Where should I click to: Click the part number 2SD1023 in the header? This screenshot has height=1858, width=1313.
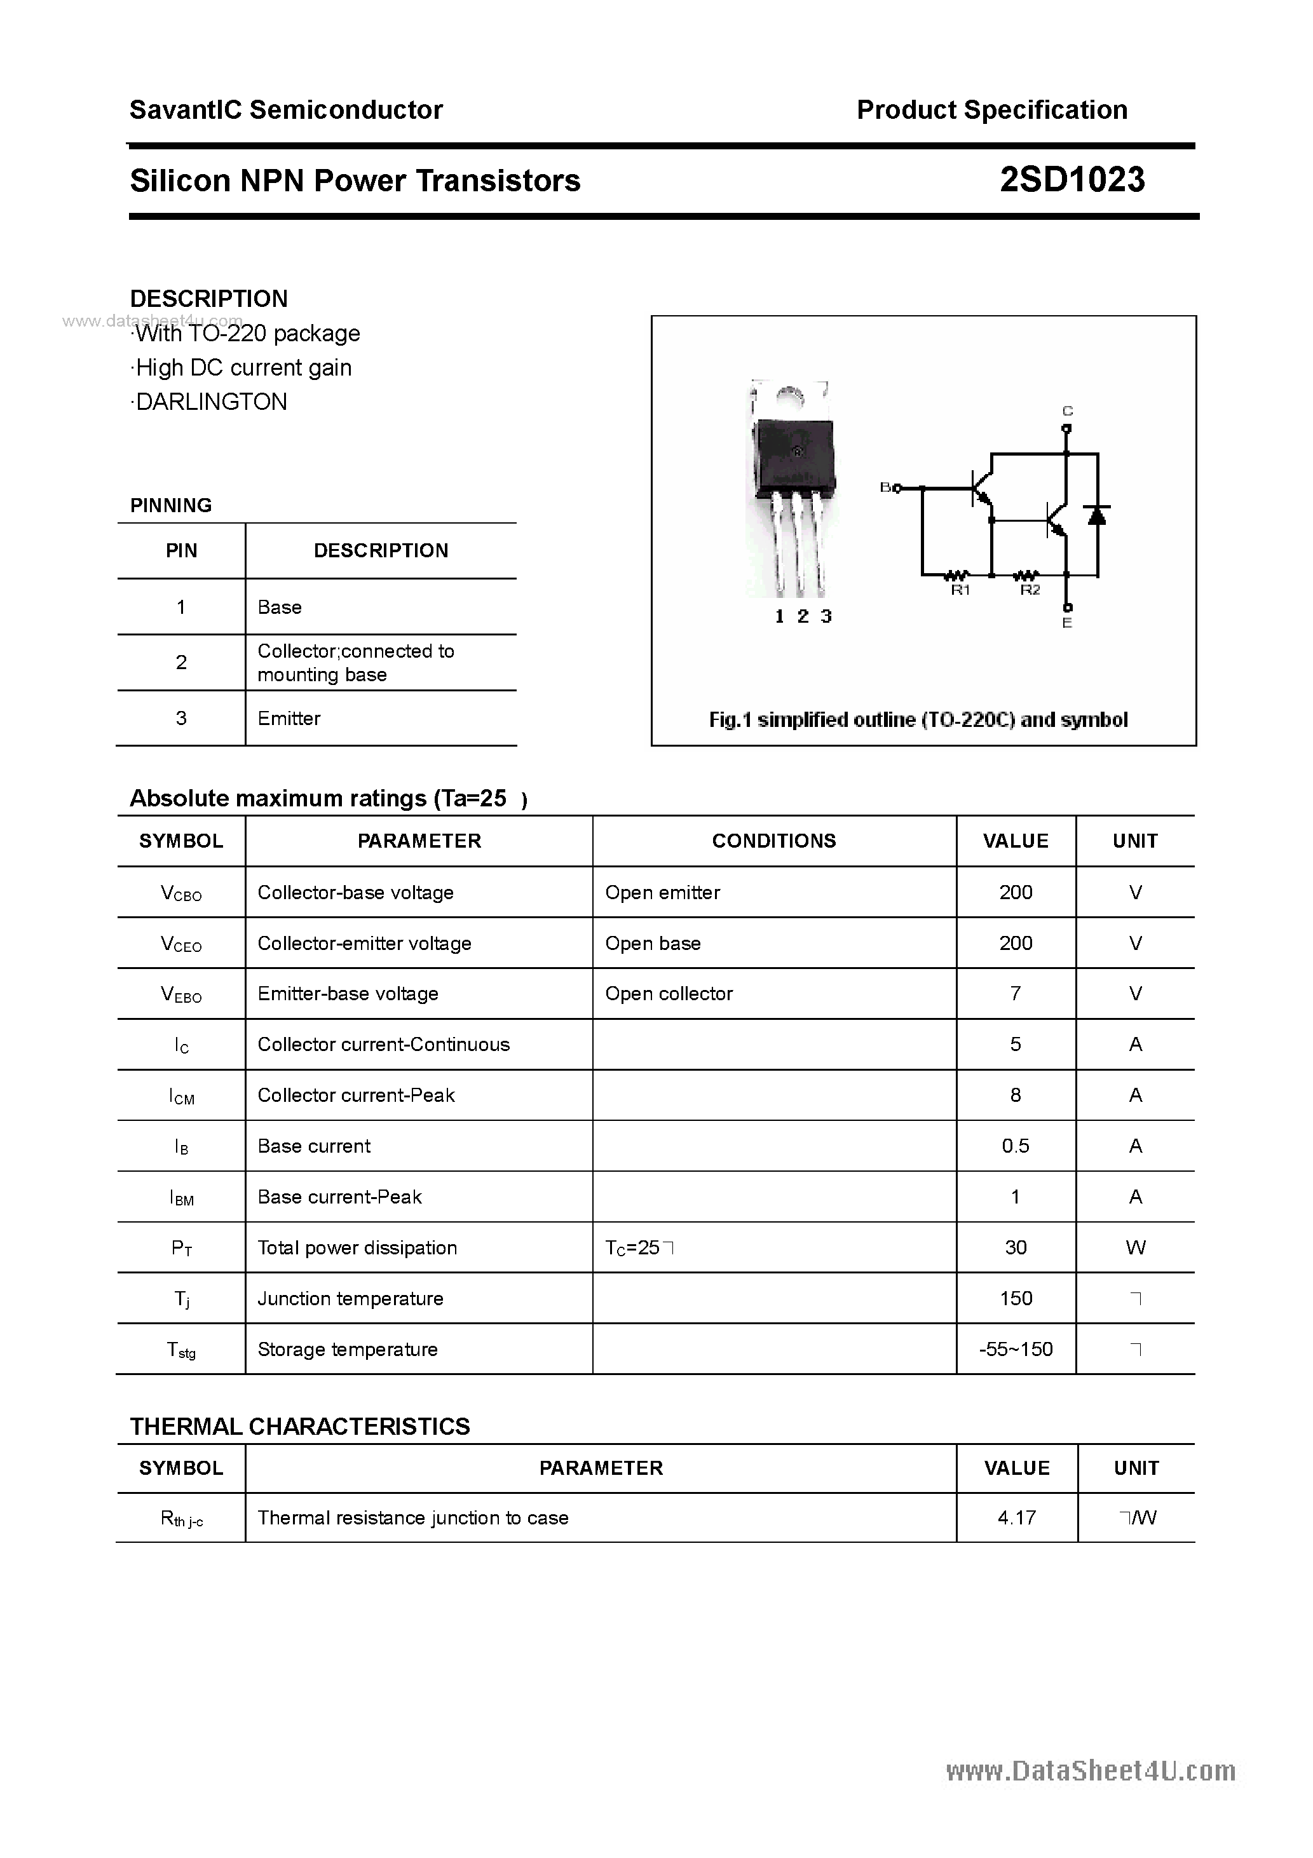(1071, 180)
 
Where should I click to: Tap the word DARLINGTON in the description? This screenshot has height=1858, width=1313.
(211, 402)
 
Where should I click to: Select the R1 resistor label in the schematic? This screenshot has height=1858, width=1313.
(960, 590)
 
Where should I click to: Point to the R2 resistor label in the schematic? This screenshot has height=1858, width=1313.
(1030, 590)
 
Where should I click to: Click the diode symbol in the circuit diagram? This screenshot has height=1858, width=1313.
(1098, 515)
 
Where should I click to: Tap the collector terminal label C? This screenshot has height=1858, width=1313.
(1067, 411)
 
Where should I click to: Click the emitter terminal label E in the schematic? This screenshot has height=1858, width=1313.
(1067, 623)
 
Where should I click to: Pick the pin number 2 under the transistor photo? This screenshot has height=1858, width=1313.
(802, 616)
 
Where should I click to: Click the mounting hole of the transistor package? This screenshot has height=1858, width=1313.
(789, 397)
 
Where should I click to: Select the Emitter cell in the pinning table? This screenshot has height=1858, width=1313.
(289, 718)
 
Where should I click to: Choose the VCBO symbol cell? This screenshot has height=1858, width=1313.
(181, 893)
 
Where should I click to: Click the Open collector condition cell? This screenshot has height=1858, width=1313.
(669, 994)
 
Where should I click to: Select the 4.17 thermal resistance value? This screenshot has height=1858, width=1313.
(1017, 1517)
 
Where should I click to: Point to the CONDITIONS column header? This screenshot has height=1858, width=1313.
(774, 841)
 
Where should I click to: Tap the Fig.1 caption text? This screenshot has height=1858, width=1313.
(918, 719)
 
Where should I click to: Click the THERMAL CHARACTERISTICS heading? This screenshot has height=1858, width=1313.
(299, 1426)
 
